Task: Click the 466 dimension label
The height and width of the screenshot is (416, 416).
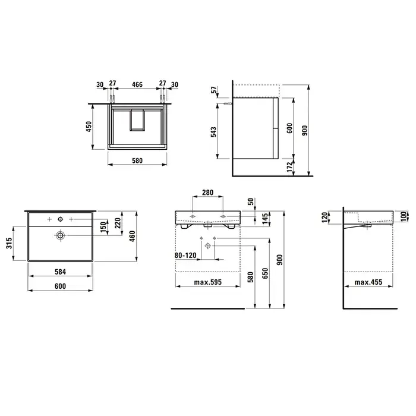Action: tap(137, 84)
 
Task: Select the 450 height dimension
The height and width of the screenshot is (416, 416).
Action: tap(89, 127)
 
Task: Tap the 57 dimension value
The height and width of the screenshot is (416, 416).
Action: tap(214, 90)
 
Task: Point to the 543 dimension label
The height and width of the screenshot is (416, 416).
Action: tap(213, 132)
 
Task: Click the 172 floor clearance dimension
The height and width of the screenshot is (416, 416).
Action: tap(290, 167)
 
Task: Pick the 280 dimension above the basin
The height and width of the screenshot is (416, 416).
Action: tap(208, 193)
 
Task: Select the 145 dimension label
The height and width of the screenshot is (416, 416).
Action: tap(265, 219)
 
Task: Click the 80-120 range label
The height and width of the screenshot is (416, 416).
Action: tap(185, 256)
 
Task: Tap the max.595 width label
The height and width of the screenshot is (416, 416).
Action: tap(208, 282)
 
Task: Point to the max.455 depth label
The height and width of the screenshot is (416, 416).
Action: tap(368, 282)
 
